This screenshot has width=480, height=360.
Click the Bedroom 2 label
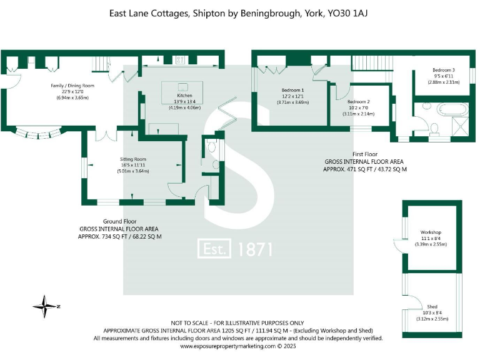pyautogui.click(x=358, y=102)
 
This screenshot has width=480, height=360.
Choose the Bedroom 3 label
pyautogui.click(x=443, y=70)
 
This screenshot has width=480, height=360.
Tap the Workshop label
pyautogui.click(x=431, y=232)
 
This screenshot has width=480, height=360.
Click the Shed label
pyautogui.click(x=432, y=307)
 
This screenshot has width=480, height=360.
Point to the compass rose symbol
pyautogui.click(x=46, y=306)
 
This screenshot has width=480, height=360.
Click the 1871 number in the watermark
pyautogui.click(x=255, y=249)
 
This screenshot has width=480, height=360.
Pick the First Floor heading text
pyautogui.click(x=366, y=154)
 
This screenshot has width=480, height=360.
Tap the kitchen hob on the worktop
pyautogui.click(x=180, y=60)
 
